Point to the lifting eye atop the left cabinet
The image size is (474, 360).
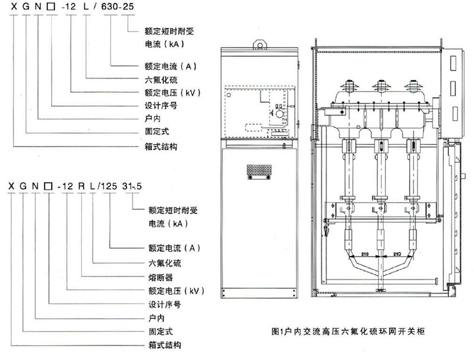coord(259,43)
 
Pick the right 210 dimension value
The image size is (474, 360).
coord(397,254)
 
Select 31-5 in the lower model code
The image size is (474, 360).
coord(129,186)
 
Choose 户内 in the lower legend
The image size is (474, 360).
coord(154,318)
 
